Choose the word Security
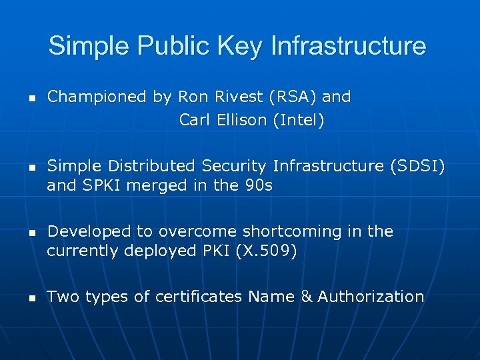(x=240, y=165)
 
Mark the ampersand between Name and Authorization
(x=307, y=297)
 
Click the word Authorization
(x=371, y=297)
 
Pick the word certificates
(x=199, y=297)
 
